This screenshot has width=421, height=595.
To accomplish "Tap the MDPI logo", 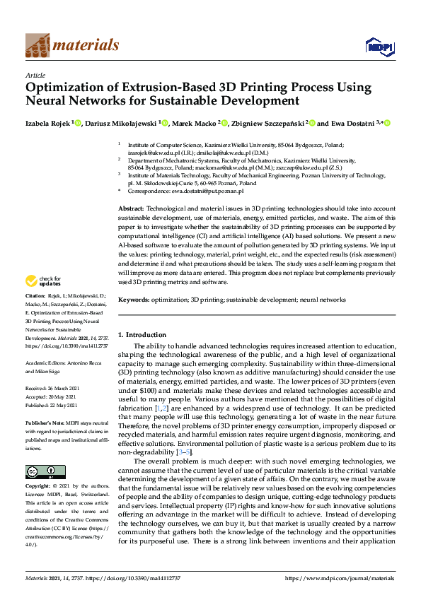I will pos(379,47).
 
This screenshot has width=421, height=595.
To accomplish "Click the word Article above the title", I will pos(35,75).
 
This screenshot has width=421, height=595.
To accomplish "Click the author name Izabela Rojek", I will pos(46,124).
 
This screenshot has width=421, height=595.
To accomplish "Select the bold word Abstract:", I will pos(130,210).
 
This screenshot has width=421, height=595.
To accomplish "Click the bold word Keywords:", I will pos(133,300).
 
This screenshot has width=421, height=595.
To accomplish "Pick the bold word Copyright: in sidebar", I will pos(38,466).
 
